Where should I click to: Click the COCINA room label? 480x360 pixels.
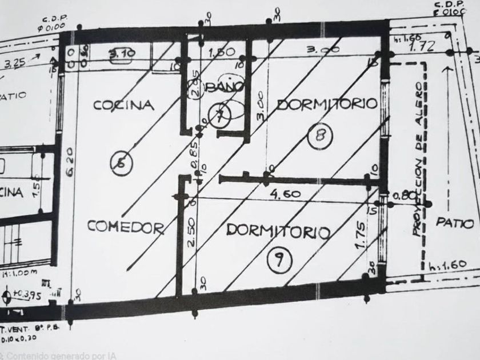124,105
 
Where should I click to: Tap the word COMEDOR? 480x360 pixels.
126,227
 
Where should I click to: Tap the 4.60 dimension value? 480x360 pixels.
284,194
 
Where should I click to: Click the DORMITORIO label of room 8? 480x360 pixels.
327,104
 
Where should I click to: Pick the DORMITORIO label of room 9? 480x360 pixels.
278,231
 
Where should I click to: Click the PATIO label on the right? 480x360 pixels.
455,223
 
